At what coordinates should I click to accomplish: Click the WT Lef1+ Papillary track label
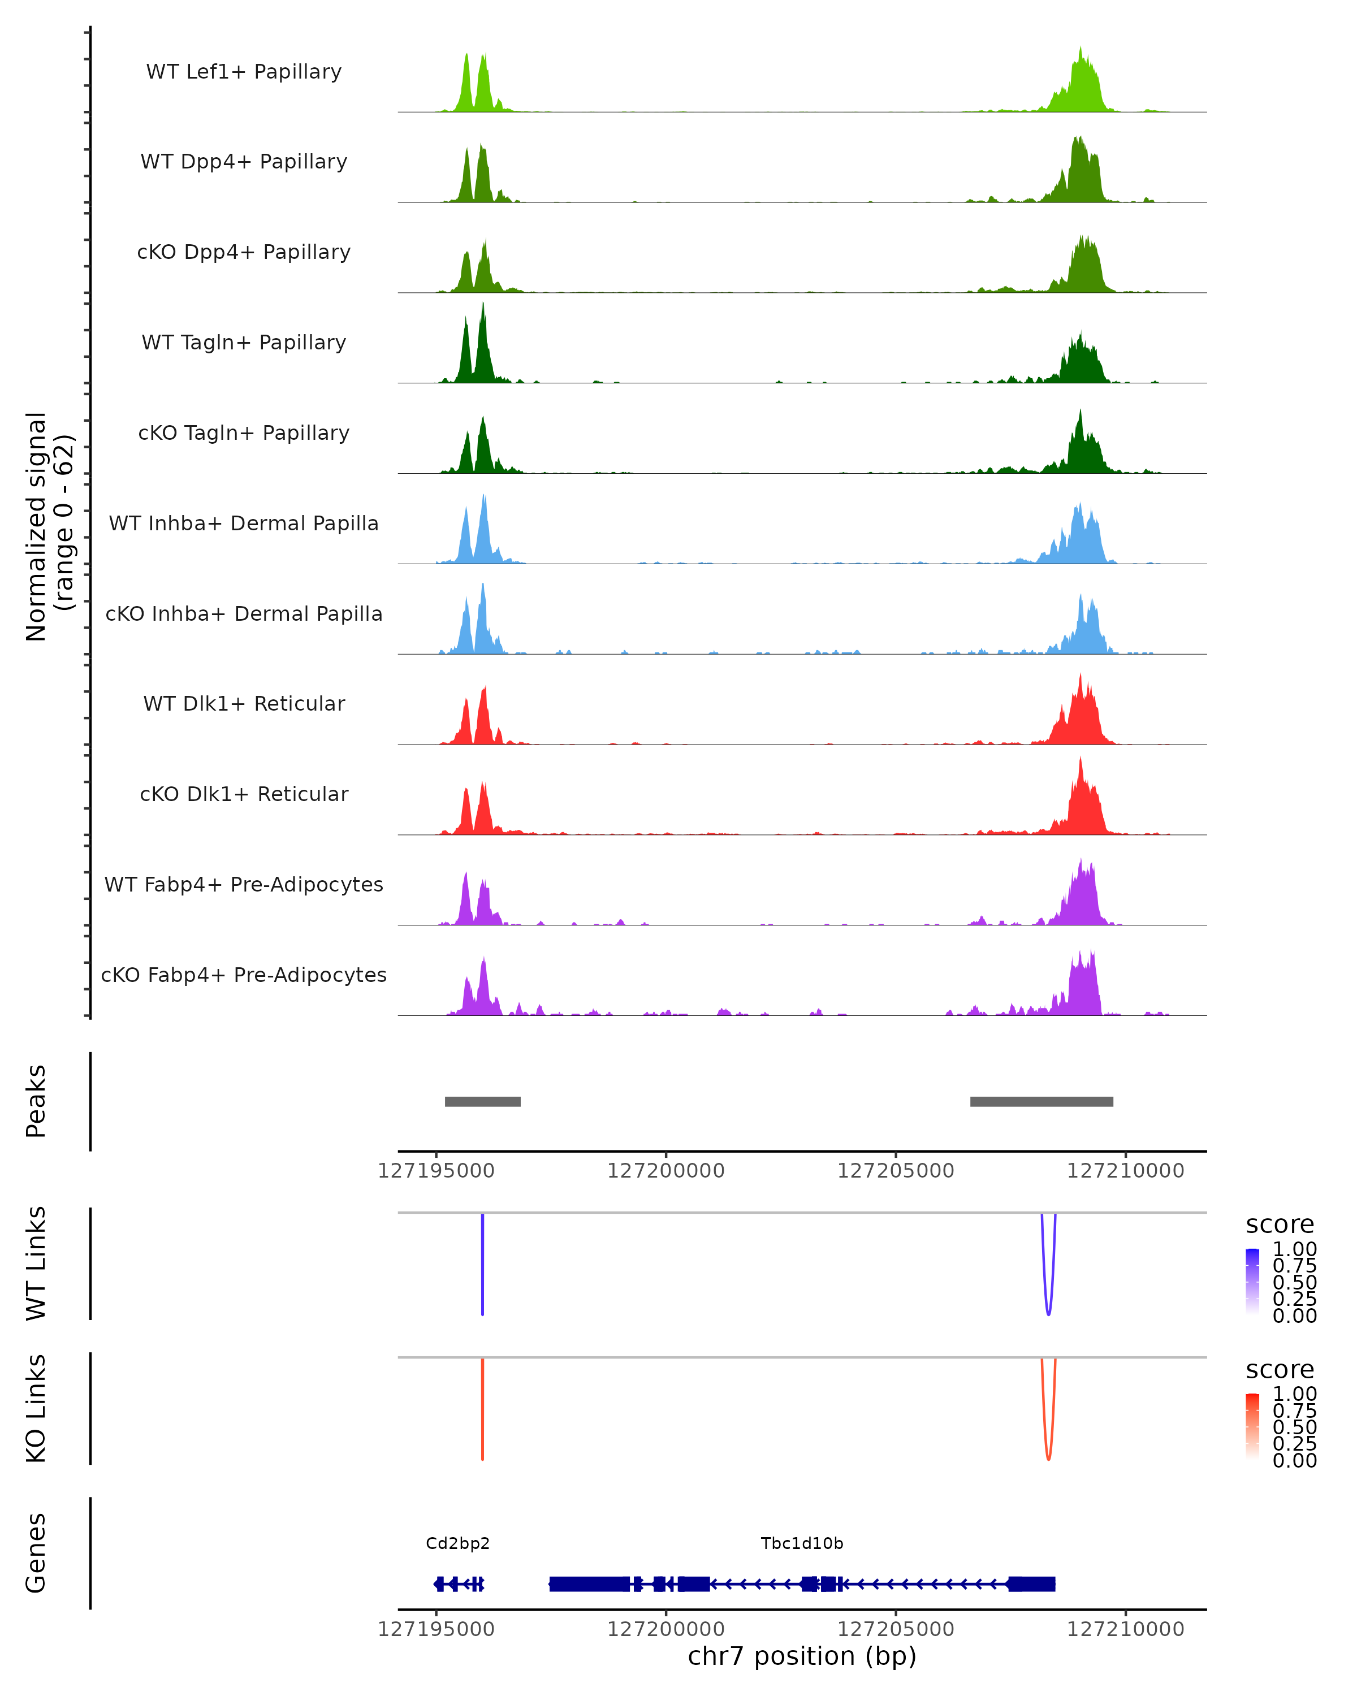coord(244,72)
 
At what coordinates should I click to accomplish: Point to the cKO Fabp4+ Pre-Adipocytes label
coord(244,975)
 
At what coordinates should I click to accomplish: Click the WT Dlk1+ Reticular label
coord(244,703)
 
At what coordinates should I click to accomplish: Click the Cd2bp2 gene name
coord(458,1543)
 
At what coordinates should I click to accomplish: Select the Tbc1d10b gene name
coord(802,1543)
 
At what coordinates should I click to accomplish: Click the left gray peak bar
coord(482,1101)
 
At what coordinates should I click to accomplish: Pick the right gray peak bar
coord(1041,1101)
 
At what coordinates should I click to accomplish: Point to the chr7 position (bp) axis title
coord(802,1656)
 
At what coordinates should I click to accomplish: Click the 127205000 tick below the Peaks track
coord(895,1171)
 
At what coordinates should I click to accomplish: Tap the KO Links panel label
coord(36,1408)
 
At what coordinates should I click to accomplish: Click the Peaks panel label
coord(36,1101)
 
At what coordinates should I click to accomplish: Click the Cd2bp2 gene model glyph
coord(459,1583)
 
